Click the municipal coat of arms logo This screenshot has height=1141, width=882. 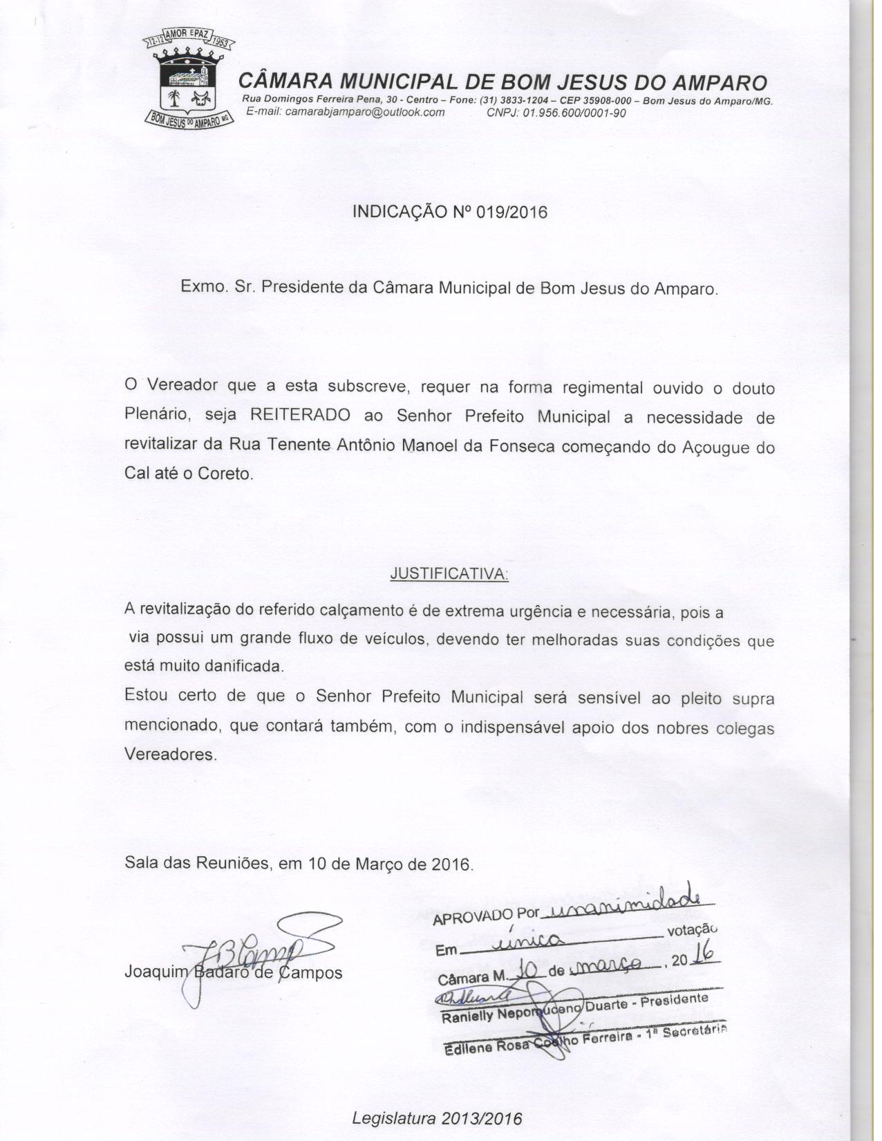pyautogui.click(x=189, y=80)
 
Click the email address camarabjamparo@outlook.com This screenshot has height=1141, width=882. pyautogui.click(x=345, y=113)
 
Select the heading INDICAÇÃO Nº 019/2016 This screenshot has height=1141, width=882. pyautogui.click(x=449, y=212)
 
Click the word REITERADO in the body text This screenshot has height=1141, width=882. pyautogui.click(x=299, y=416)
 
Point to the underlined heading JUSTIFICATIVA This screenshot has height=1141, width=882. pyautogui.click(x=449, y=574)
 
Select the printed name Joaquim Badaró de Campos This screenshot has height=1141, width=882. pyautogui.click(x=234, y=972)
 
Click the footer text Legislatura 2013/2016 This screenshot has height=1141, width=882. pyautogui.click(x=437, y=1118)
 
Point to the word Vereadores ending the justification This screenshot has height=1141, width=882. pyautogui.click(x=170, y=754)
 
